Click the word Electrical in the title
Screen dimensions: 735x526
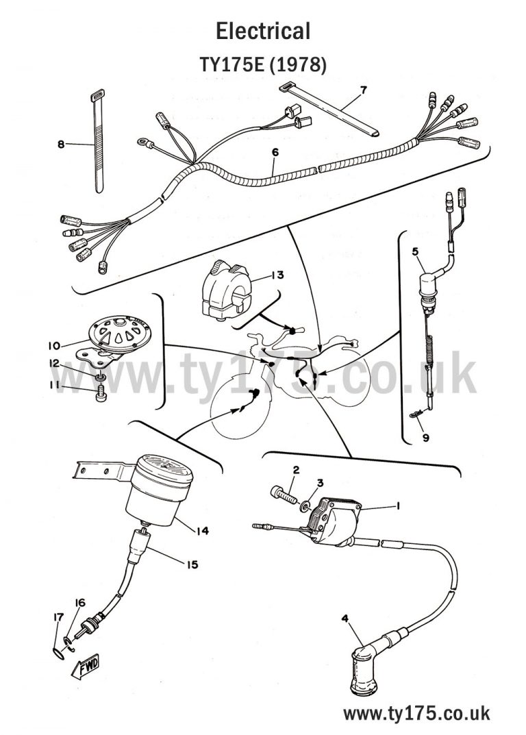(263, 31)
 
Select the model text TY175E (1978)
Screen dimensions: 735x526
(263, 64)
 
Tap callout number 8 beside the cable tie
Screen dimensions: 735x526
(61, 145)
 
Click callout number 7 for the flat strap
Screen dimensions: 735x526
(363, 90)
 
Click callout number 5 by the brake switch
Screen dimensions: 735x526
(415, 251)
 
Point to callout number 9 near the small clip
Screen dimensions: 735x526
(425, 439)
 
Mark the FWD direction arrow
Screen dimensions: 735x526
(86, 664)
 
